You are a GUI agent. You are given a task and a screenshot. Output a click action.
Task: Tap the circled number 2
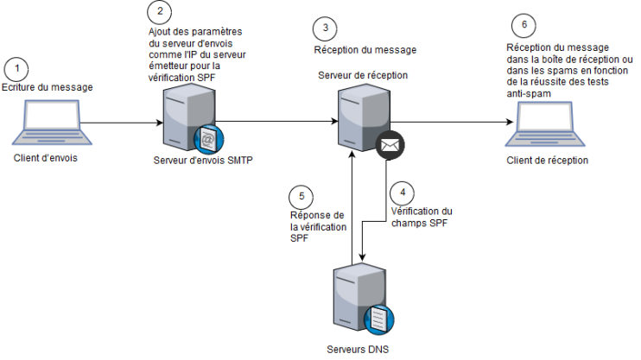coord(159,12)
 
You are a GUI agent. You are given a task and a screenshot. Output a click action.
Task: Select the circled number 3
coord(325,28)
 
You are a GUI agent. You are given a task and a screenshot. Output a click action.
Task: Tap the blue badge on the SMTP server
coord(208,138)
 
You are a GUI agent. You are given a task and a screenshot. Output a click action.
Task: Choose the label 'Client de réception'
coord(548,160)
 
